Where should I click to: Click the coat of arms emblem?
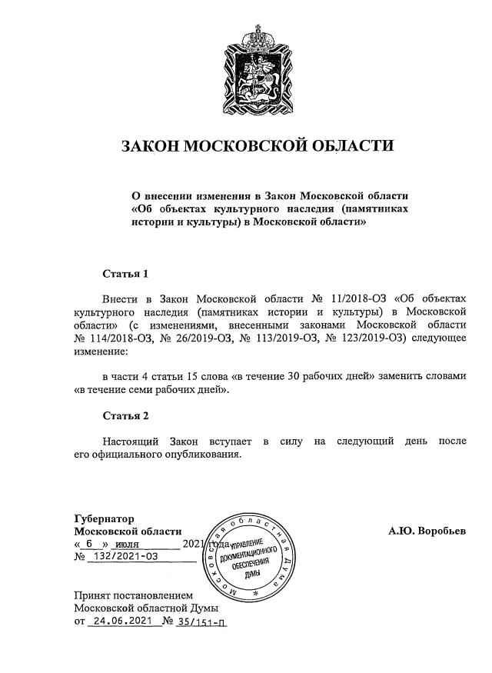click(x=258, y=70)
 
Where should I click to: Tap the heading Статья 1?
click(x=125, y=273)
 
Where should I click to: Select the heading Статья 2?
click(x=125, y=415)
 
